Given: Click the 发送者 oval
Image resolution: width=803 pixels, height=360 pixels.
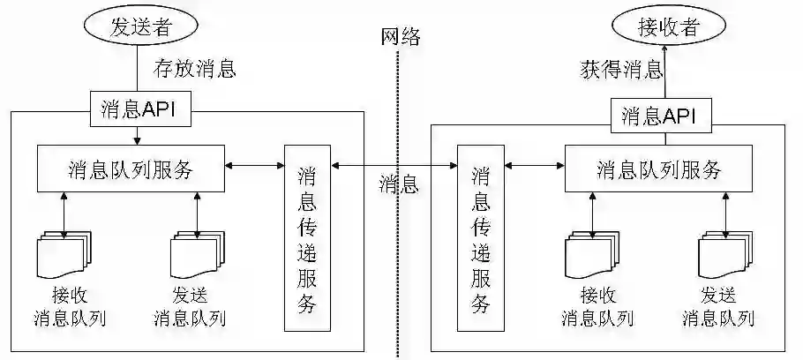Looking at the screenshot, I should point(139,26).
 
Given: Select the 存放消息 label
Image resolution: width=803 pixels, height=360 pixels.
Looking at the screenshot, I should point(194,68).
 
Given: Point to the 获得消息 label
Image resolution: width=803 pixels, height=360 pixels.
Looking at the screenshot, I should point(621,70).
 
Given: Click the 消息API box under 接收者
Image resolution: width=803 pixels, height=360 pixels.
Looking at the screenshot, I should point(660,116).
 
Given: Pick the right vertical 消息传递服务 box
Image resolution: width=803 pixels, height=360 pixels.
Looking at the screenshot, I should point(481,239).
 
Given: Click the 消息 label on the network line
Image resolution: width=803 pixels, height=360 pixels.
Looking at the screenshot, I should point(399,184).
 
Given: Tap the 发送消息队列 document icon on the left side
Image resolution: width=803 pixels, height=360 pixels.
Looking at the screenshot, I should point(196,256).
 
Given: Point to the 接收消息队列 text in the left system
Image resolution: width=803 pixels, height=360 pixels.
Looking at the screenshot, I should point(69,306).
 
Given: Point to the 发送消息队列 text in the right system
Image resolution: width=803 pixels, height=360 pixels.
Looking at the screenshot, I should point(718,306).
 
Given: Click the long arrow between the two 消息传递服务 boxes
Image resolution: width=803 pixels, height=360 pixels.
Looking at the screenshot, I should point(394,165).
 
